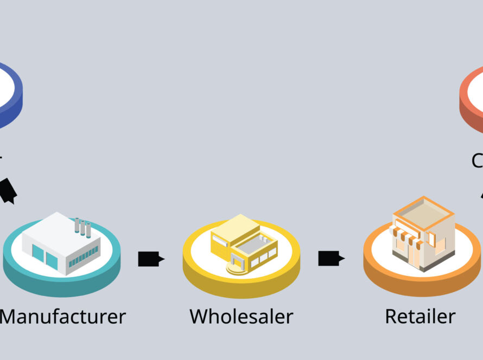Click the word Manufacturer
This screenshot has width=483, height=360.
coord(63,316)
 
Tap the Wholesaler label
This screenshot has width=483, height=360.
coord(241,316)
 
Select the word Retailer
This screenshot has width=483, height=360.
coord(420,316)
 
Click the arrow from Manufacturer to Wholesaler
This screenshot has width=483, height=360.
coord(151,259)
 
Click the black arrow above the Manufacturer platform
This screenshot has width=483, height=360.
coord(8,191)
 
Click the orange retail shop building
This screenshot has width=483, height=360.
coord(422,233)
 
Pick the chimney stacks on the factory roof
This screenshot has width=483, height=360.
coord(83,227)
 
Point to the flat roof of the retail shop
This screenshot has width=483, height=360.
coord(423,211)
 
